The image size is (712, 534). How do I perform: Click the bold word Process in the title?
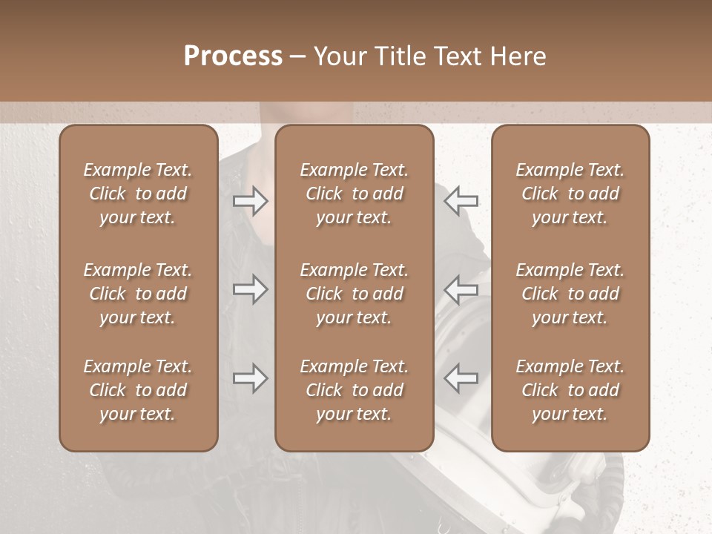233,56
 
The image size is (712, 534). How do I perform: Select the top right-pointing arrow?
250,201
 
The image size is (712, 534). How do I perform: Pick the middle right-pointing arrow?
250,289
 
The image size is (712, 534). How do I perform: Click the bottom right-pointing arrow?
250,378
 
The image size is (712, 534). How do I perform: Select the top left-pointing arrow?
461,201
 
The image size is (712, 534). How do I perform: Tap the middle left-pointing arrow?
461,289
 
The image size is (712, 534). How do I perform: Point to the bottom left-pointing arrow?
461,378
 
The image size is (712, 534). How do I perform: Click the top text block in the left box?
138,194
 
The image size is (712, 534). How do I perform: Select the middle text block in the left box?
138,294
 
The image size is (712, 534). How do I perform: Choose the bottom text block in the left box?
138,390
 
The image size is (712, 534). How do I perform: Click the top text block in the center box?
354,194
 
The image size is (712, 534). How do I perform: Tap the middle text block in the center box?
354,294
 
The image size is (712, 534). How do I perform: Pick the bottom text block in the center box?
354,390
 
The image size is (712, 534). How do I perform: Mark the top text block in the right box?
570,194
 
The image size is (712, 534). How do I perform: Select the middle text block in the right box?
570,294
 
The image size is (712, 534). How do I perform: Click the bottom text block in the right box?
570,390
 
